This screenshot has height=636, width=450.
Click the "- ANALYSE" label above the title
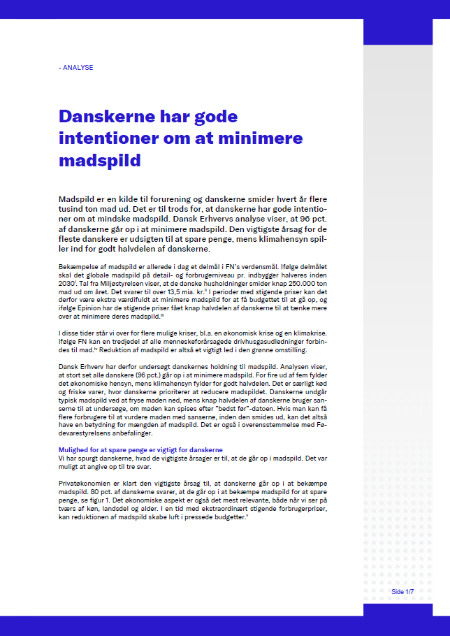pos(76,68)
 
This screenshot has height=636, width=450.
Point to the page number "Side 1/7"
pos(402,592)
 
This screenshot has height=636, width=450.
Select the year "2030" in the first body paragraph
pos(67,294)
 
